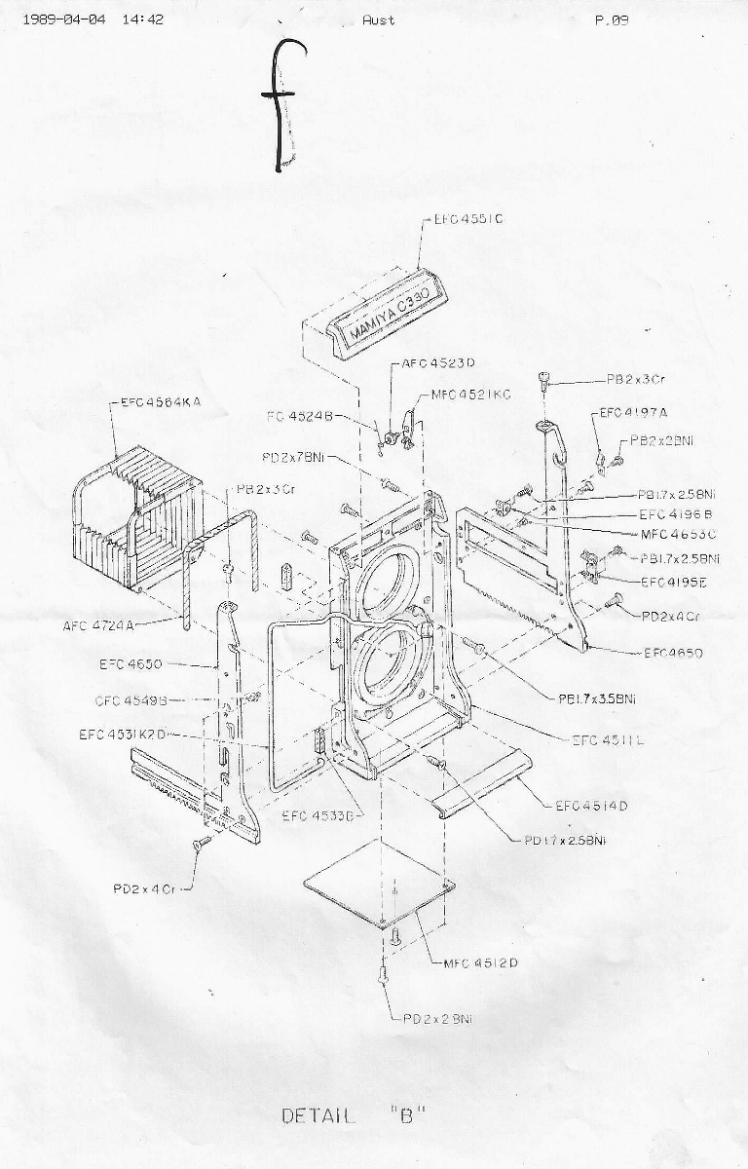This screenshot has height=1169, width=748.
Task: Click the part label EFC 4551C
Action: pos(470,220)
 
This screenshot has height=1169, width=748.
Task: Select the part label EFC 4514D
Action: pos(591,806)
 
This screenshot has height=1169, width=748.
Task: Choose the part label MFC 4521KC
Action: pos(471,395)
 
